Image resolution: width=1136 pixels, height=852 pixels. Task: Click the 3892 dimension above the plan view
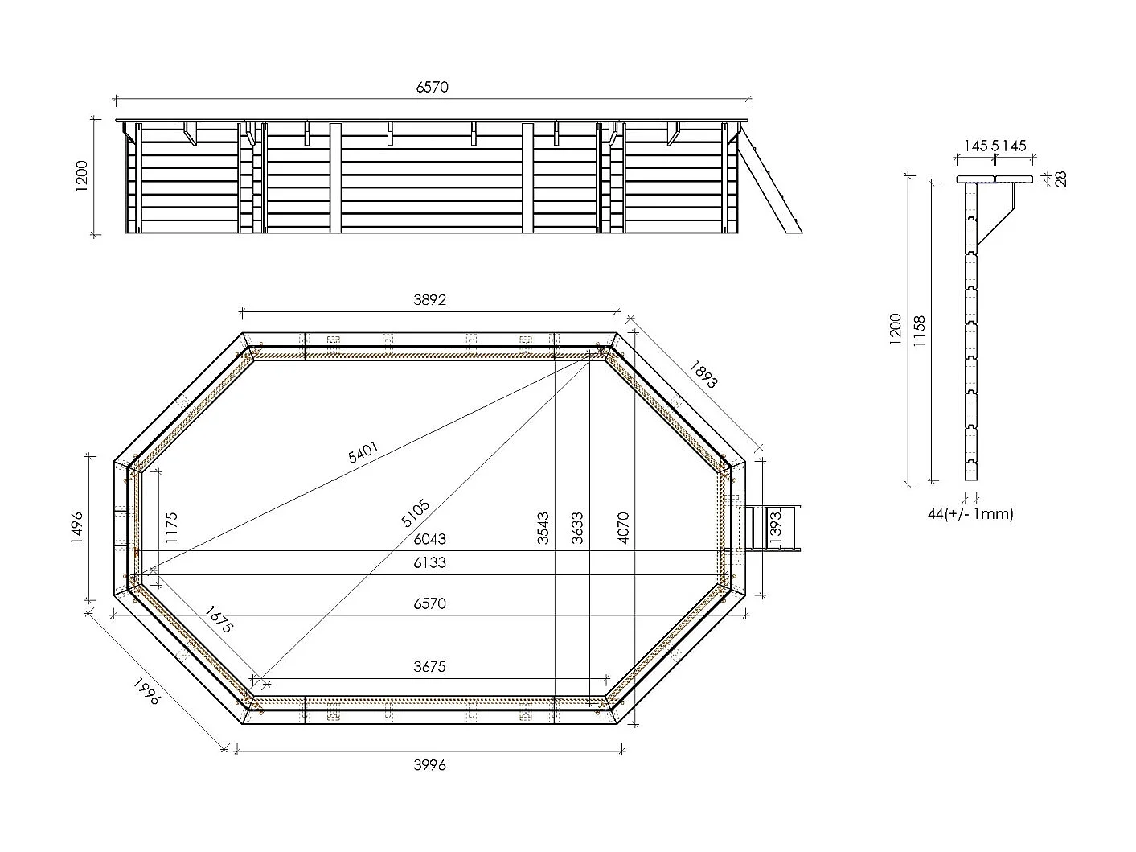(429, 300)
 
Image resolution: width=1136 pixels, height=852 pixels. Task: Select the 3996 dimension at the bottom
(429, 764)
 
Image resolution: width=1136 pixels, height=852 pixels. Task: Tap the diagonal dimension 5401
(364, 453)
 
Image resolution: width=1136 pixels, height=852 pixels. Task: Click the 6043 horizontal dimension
(429, 539)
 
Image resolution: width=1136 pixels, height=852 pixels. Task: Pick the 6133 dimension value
(429, 562)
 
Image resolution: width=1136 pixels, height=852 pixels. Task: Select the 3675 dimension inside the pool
(429, 666)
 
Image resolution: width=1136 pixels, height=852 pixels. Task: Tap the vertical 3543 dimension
(543, 529)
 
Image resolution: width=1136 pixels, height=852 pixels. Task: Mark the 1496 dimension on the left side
(78, 529)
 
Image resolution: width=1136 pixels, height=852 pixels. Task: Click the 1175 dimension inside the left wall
(171, 529)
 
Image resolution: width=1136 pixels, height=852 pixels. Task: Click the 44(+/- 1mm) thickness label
(970, 513)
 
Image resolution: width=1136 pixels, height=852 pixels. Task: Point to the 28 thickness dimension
(1060, 179)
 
